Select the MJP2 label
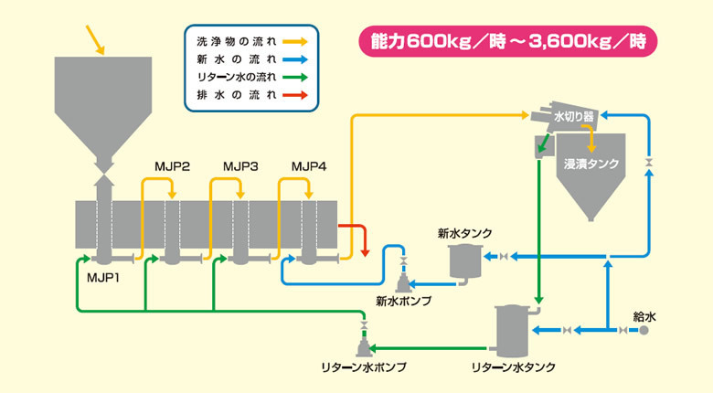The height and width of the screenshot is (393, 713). pyautogui.click(x=172, y=166)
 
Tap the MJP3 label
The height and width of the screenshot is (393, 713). pyautogui.click(x=240, y=166)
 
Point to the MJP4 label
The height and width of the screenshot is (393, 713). pyautogui.click(x=308, y=166)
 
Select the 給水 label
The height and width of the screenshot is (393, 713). pyautogui.click(x=644, y=315)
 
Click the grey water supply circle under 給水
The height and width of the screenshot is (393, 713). pyautogui.click(x=644, y=330)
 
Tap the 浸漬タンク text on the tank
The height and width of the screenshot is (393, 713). pyautogui.click(x=591, y=165)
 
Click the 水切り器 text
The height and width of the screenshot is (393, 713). pyautogui.click(x=574, y=117)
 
